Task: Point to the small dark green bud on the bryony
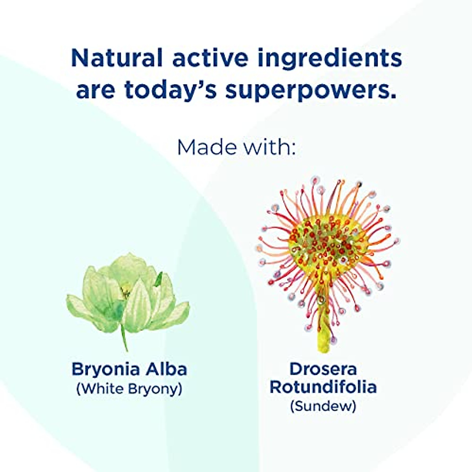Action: click(x=159, y=279)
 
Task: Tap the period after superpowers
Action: click(x=393, y=96)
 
